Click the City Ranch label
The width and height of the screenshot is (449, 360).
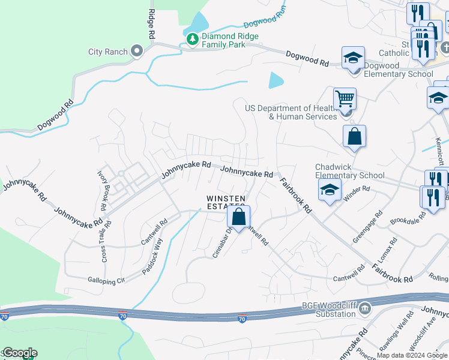[x=108, y=52]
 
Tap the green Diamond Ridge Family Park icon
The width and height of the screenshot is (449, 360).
[x=192, y=40]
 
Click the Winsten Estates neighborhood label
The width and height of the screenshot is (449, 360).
[x=226, y=202]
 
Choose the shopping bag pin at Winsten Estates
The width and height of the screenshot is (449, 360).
[x=238, y=217]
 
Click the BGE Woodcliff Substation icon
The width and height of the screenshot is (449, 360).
[x=364, y=310]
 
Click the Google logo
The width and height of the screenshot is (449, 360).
[x=19, y=353]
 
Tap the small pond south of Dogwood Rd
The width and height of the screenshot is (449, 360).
[x=276, y=80]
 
